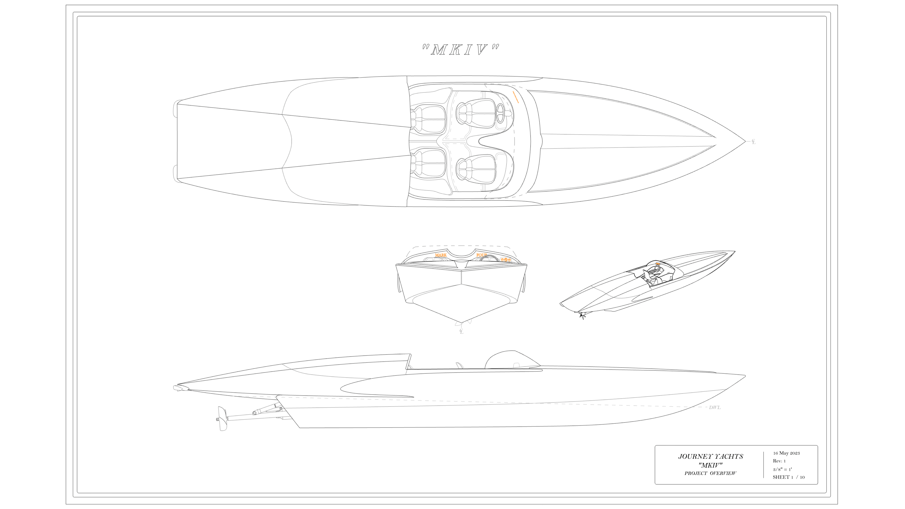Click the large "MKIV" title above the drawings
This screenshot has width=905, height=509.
click(460, 50)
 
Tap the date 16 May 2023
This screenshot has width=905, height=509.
click(786, 453)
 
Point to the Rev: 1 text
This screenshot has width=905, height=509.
click(779, 461)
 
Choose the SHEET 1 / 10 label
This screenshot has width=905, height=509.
click(788, 477)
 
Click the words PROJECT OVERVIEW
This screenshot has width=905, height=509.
click(710, 473)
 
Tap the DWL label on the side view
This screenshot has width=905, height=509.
click(715, 407)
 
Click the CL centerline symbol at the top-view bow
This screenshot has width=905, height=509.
click(753, 142)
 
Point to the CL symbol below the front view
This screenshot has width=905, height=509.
click(461, 331)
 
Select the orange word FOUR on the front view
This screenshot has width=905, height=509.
click(481, 255)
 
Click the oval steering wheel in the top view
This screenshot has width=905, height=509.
click(500, 113)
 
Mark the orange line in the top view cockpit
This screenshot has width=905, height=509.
click(516, 97)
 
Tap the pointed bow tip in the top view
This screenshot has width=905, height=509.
click(745, 142)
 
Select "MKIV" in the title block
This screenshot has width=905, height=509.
click(710, 465)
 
